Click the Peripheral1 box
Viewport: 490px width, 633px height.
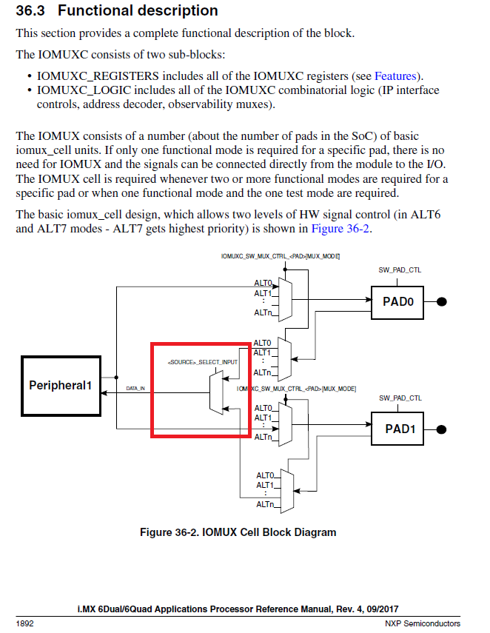tap(64, 385)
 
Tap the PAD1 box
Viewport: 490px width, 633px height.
tap(400, 429)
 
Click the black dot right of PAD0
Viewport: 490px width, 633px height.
tap(442, 301)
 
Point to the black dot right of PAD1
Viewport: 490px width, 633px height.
tap(442, 429)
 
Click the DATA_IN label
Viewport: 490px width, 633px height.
tap(136, 388)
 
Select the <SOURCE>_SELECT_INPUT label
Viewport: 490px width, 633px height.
tap(203, 361)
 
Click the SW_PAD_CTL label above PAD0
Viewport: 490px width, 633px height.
tap(400, 270)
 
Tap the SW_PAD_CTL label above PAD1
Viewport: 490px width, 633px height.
tap(400, 398)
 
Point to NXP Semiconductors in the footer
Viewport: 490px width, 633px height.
tap(423, 623)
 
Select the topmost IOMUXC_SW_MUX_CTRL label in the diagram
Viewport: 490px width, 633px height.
tap(280, 255)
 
